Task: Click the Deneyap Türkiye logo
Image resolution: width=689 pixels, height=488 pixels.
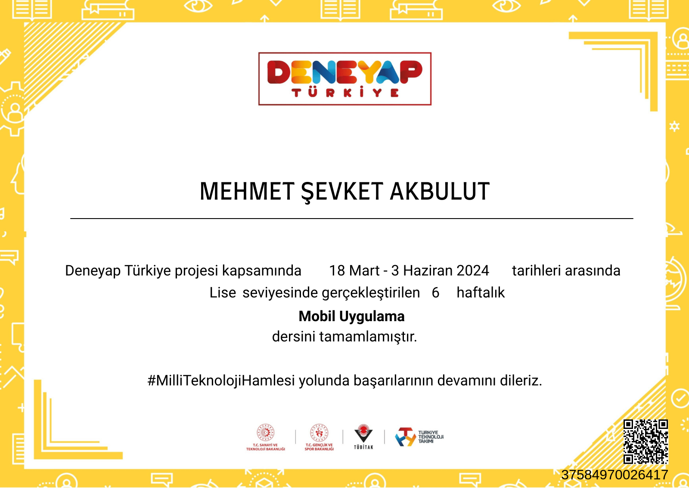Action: pyautogui.click(x=345, y=79)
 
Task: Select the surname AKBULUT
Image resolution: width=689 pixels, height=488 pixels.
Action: pyautogui.click(x=440, y=191)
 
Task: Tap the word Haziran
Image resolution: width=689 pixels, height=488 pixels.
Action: pyautogui.click(x=428, y=271)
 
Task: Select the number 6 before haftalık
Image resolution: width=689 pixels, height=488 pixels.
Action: pyautogui.click(x=435, y=292)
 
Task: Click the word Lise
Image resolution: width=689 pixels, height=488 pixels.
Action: pyautogui.click(x=222, y=292)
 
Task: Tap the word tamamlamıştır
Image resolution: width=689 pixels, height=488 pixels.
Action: pyautogui.click(x=368, y=337)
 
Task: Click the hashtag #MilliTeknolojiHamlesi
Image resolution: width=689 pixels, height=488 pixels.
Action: pyautogui.click(x=221, y=381)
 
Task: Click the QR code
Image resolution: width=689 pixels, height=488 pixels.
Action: pyautogui.click(x=646, y=441)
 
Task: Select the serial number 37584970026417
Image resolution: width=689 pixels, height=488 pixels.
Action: pyautogui.click(x=615, y=475)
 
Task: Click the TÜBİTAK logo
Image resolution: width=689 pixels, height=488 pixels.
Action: pyautogui.click(x=363, y=437)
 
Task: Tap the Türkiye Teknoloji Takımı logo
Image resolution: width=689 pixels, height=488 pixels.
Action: pyautogui.click(x=419, y=437)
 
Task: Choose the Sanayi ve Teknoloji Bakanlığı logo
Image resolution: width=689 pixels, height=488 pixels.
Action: pyautogui.click(x=265, y=437)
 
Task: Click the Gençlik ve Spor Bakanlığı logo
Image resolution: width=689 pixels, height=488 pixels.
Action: pyautogui.click(x=319, y=437)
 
